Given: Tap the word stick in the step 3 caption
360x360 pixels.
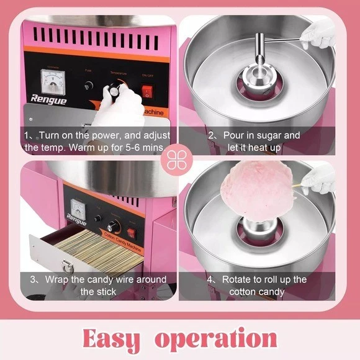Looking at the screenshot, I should coord(96,292).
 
